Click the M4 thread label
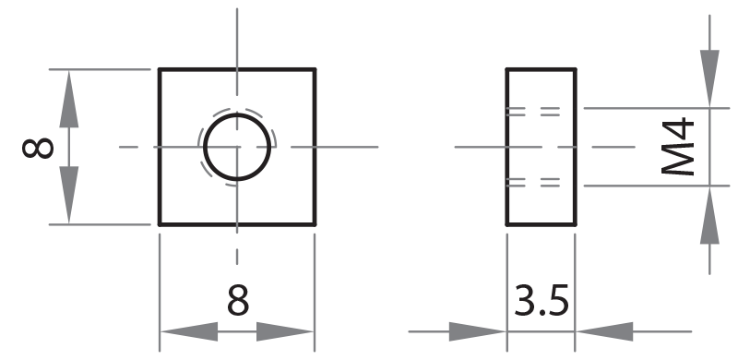pos(678,147)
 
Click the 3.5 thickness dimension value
pos(542,301)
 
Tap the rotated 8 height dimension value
pos(38,148)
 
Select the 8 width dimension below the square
pos(238,301)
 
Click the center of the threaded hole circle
pos(237,147)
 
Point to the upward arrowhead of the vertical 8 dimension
pos(68,99)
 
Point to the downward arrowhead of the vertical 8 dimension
pos(68,195)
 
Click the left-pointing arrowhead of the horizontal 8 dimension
pos(189,331)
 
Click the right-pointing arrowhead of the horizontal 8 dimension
pos(285,331)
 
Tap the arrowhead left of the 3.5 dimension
pos(477,331)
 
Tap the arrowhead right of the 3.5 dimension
pos(604,331)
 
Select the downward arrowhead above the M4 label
pos(709,78)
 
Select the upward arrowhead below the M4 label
pos(709,215)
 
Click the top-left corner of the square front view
pos(159,69)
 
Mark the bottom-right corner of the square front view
pos(315,224)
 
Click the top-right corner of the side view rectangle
pos(575,69)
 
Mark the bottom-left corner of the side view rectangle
pos(506,224)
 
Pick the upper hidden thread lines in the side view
pos(533,112)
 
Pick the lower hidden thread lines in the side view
pos(533,183)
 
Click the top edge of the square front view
pos(237,69)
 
